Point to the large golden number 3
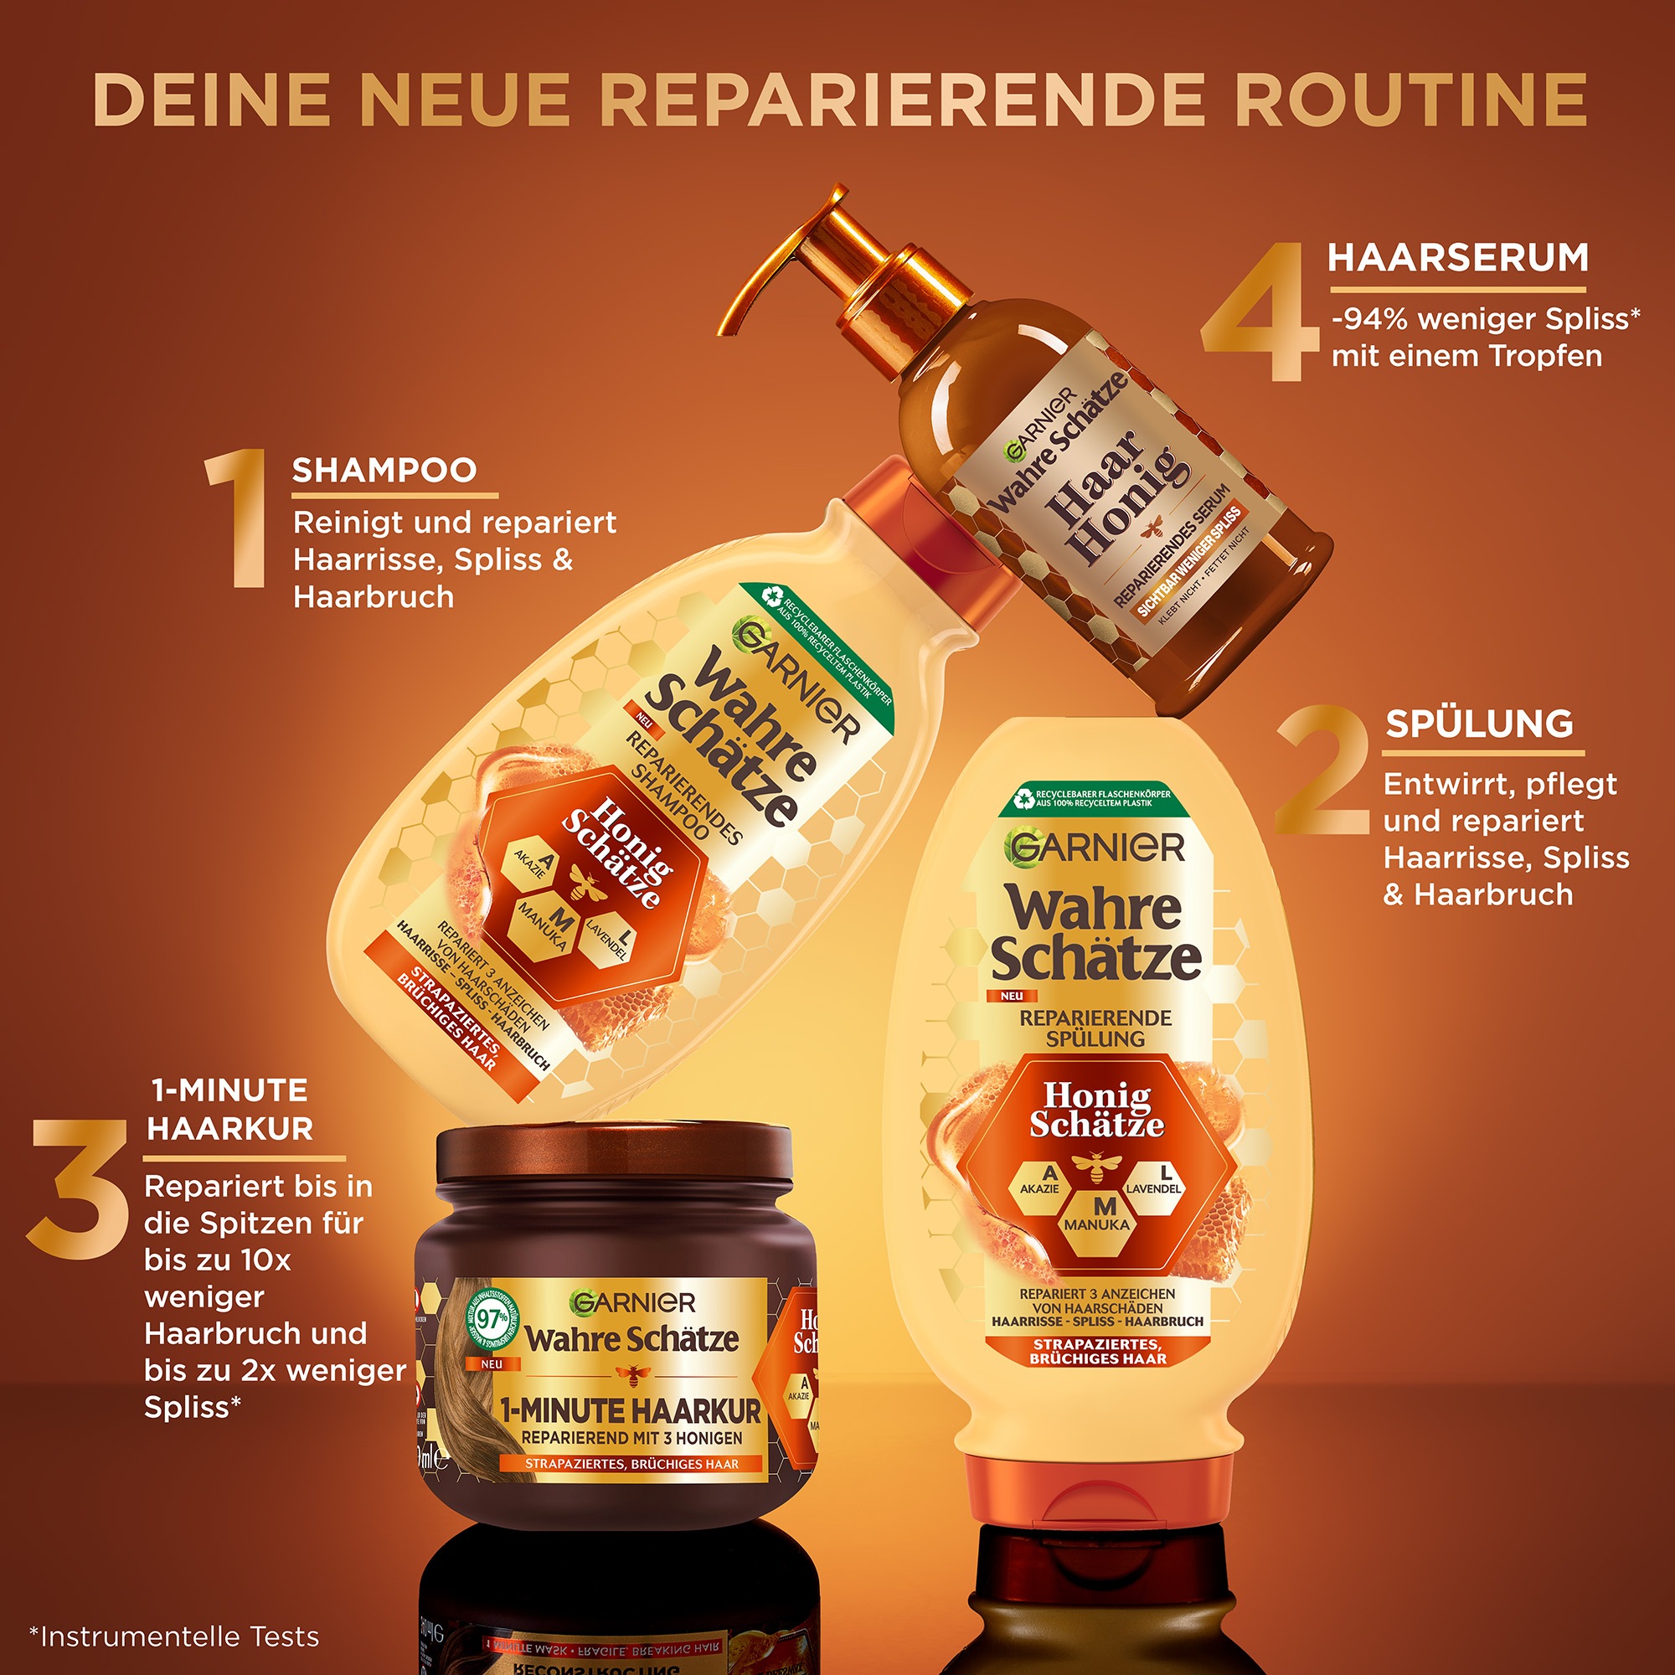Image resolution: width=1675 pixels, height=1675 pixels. click(80, 1188)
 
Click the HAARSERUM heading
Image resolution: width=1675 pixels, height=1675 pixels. click(1458, 258)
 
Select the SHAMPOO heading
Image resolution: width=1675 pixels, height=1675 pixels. click(384, 471)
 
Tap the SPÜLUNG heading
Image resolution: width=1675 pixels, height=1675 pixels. click(1479, 723)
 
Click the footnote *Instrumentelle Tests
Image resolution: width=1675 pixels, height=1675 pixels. click(174, 1636)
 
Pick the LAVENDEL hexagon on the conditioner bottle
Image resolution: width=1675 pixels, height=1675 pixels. click(1154, 1182)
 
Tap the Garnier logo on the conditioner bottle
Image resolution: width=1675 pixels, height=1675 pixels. click(1094, 848)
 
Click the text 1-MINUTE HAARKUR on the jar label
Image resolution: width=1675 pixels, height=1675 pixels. click(631, 1410)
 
